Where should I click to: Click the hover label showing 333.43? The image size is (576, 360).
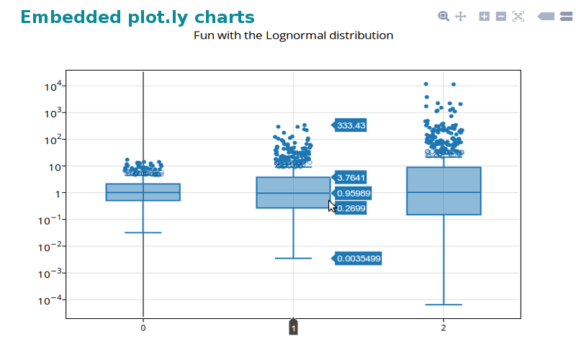pyautogui.click(x=351, y=125)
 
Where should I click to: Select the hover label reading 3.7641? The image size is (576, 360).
pyautogui.click(x=351, y=177)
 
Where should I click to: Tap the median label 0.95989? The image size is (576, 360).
pyautogui.click(x=353, y=193)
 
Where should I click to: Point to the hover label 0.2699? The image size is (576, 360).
pyautogui.click(x=351, y=208)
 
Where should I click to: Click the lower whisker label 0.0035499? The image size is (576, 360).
pyautogui.click(x=359, y=258)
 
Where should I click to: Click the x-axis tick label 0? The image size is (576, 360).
pyautogui.click(x=143, y=328)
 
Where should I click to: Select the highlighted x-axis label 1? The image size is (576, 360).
pyautogui.click(x=293, y=328)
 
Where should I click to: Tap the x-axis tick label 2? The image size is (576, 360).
pyautogui.click(x=443, y=328)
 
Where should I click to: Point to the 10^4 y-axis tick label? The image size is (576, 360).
pyautogui.click(x=55, y=86)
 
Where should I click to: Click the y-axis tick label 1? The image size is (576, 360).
pyautogui.click(x=59, y=193)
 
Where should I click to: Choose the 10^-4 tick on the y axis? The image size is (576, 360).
pyautogui.click(x=53, y=300)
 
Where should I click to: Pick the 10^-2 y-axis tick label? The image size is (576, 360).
pyautogui.click(x=53, y=246)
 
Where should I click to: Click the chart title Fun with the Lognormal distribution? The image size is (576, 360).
pyautogui.click(x=294, y=35)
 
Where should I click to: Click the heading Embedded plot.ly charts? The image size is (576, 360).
pyautogui.click(x=138, y=17)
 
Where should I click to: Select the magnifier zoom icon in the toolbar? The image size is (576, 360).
pyautogui.click(x=444, y=16)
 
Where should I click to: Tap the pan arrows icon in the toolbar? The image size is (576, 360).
pyautogui.click(x=461, y=16)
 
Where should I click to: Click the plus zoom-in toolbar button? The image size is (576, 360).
pyautogui.click(x=485, y=16)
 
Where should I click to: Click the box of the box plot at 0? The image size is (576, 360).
pyautogui.click(x=143, y=192)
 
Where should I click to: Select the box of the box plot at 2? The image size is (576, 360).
pyautogui.click(x=443, y=191)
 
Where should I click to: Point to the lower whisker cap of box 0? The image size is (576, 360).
pyautogui.click(x=143, y=233)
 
